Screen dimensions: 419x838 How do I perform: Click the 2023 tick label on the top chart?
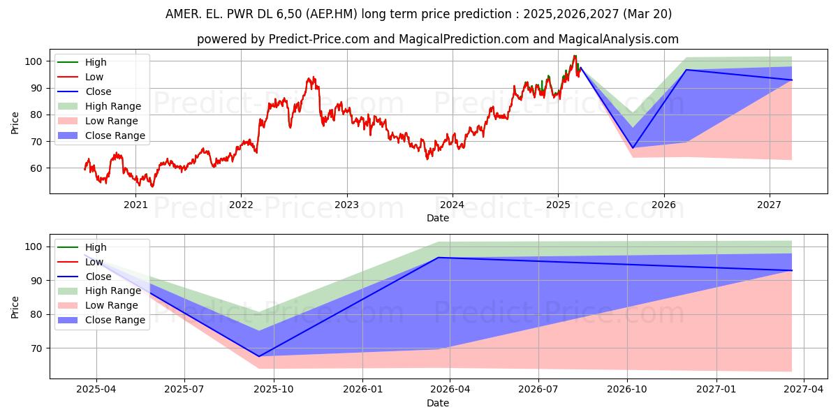(x=346, y=205)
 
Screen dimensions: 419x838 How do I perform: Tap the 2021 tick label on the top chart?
(x=135, y=205)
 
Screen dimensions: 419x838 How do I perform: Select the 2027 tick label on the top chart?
(x=770, y=205)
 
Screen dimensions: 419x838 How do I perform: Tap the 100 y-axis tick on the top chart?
(x=36, y=61)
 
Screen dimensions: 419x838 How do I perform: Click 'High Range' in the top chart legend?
(x=112, y=106)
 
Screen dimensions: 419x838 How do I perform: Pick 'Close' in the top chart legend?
(x=98, y=91)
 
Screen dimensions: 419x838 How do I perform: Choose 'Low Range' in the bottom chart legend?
(x=112, y=305)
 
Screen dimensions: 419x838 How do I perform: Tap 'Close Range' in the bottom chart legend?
(x=115, y=320)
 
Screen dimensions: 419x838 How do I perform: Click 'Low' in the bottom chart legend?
(x=94, y=262)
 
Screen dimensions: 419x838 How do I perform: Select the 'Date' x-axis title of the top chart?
(x=438, y=218)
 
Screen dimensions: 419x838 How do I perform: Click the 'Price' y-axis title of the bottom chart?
(x=15, y=307)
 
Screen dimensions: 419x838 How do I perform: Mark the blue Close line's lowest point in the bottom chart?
(x=258, y=357)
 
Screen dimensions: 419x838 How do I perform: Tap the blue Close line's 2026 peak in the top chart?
(x=686, y=70)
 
